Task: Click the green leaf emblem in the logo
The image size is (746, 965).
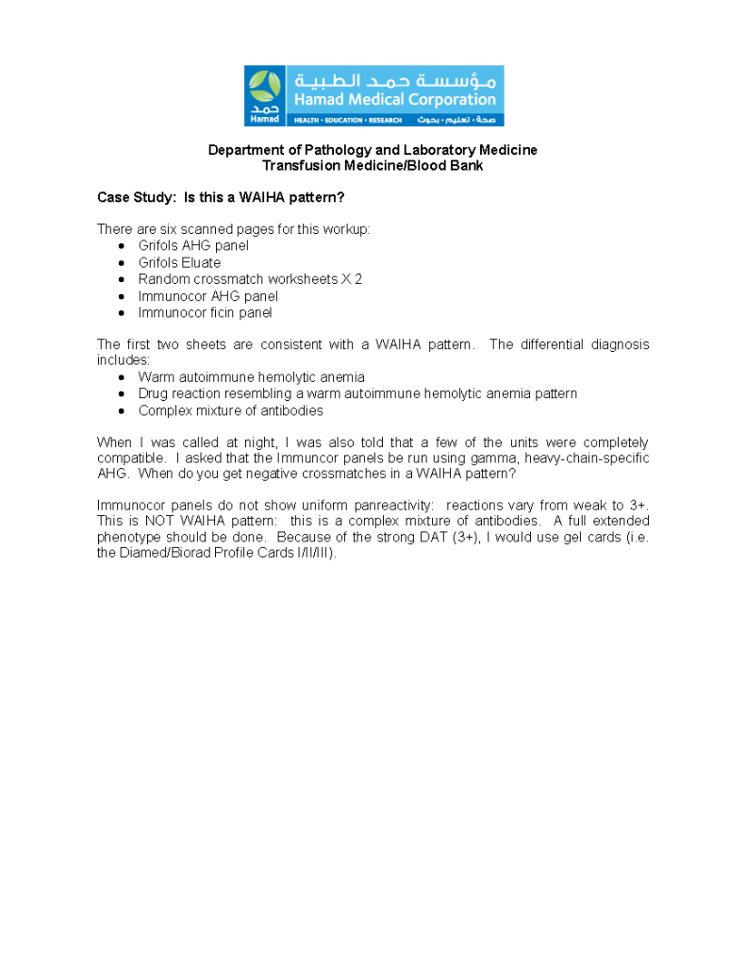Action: click(264, 87)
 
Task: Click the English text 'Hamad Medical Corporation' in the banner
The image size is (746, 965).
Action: click(394, 99)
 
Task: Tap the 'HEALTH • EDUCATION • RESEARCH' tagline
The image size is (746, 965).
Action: click(348, 121)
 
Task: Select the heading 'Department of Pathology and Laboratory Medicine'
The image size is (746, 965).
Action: click(373, 150)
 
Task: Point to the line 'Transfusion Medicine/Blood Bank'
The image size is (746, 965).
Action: click(373, 165)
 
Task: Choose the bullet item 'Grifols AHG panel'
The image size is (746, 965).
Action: click(193, 245)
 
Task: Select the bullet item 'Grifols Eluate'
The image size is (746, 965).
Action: click(179, 262)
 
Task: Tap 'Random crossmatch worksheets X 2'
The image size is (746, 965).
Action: click(250, 279)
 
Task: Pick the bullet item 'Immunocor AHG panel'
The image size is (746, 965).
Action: click(207, 296)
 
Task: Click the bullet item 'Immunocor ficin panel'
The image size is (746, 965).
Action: click(205, 312)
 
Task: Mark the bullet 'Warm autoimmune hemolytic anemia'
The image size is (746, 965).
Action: click(251, 377)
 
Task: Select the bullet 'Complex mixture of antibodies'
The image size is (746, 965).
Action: click(230, 410)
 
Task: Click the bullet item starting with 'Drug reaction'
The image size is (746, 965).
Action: click(357, 393)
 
